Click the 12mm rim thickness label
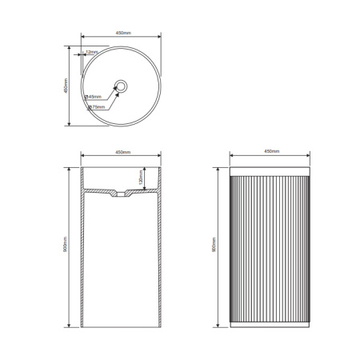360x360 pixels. tap(92, 52)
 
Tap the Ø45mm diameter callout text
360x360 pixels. tap(94, 97)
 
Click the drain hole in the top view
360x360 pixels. tap(121, 86)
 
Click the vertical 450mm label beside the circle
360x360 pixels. tap(66, 86)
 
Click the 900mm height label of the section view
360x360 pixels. tap(66, 246)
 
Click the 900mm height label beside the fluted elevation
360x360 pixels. tap(214, 246)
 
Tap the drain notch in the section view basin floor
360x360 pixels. tap(121, 194)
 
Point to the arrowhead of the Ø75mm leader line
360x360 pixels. tap(118, 93)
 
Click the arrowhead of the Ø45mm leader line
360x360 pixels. tap(118, 87)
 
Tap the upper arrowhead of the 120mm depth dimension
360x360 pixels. tap(146, 169)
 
